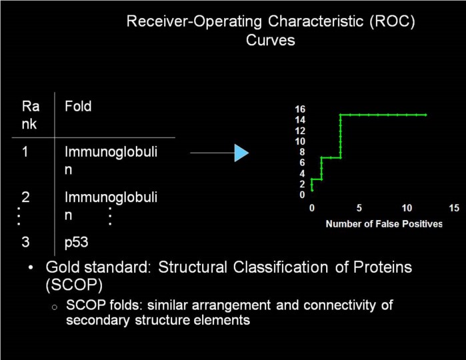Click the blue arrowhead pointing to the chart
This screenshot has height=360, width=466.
[241, 153]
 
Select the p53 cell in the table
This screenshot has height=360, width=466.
[76, 243]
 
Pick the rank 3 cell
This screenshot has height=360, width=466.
[25, 243]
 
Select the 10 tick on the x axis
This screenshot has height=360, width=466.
[406, 208]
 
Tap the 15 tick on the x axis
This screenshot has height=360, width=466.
[454, 208]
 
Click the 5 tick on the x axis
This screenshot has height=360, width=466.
[359, 208]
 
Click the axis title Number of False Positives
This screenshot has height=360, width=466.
[383, 224]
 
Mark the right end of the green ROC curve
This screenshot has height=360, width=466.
[425, 115]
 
